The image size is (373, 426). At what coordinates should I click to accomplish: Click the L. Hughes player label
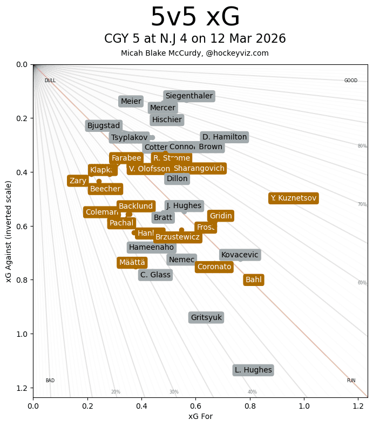[x=253, y=370]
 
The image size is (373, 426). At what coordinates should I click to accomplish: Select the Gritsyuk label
[x=206, y=317]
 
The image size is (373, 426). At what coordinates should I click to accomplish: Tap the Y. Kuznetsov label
[x=293, y=198]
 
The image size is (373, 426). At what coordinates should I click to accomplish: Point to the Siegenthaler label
[x=189, y=96]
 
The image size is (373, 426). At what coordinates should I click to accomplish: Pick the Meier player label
[x=131, y=101]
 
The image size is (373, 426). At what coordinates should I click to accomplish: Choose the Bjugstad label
[x=104, y=125]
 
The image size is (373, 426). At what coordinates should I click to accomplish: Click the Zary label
[x=78, y=181]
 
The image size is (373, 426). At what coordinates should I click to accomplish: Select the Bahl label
[x=254, y=279]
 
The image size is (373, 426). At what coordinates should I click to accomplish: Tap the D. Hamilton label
[x=225, y=137]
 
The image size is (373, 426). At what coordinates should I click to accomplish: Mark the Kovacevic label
[x=240, y=255]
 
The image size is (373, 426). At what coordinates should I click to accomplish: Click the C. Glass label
[x=155, y=275]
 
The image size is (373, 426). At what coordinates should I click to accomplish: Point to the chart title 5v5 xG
[x=195, y=17]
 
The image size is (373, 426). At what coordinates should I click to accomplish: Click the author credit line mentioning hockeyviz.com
[x=195, y=53]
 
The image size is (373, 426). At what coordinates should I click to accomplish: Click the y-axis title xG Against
[x=9, y=231]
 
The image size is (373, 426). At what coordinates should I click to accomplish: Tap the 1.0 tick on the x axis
[x=304, y=404]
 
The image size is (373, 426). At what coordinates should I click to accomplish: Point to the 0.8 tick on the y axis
[x=22, y=280]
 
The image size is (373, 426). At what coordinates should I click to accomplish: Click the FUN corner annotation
[x=351, y=381]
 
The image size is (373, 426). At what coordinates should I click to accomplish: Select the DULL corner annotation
[x=50, y=81]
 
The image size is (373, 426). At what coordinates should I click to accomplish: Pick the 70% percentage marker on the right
[x=362, y=204]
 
